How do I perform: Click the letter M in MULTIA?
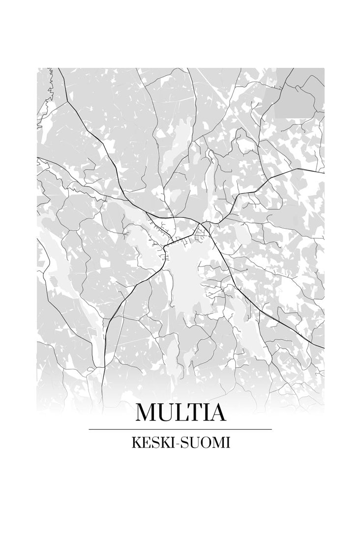click(147, 413)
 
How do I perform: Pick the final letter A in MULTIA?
click(218, 413)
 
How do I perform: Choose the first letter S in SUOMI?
click(182, 443)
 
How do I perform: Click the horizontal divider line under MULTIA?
click(180, 429)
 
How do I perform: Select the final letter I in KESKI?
click(170, 443)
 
